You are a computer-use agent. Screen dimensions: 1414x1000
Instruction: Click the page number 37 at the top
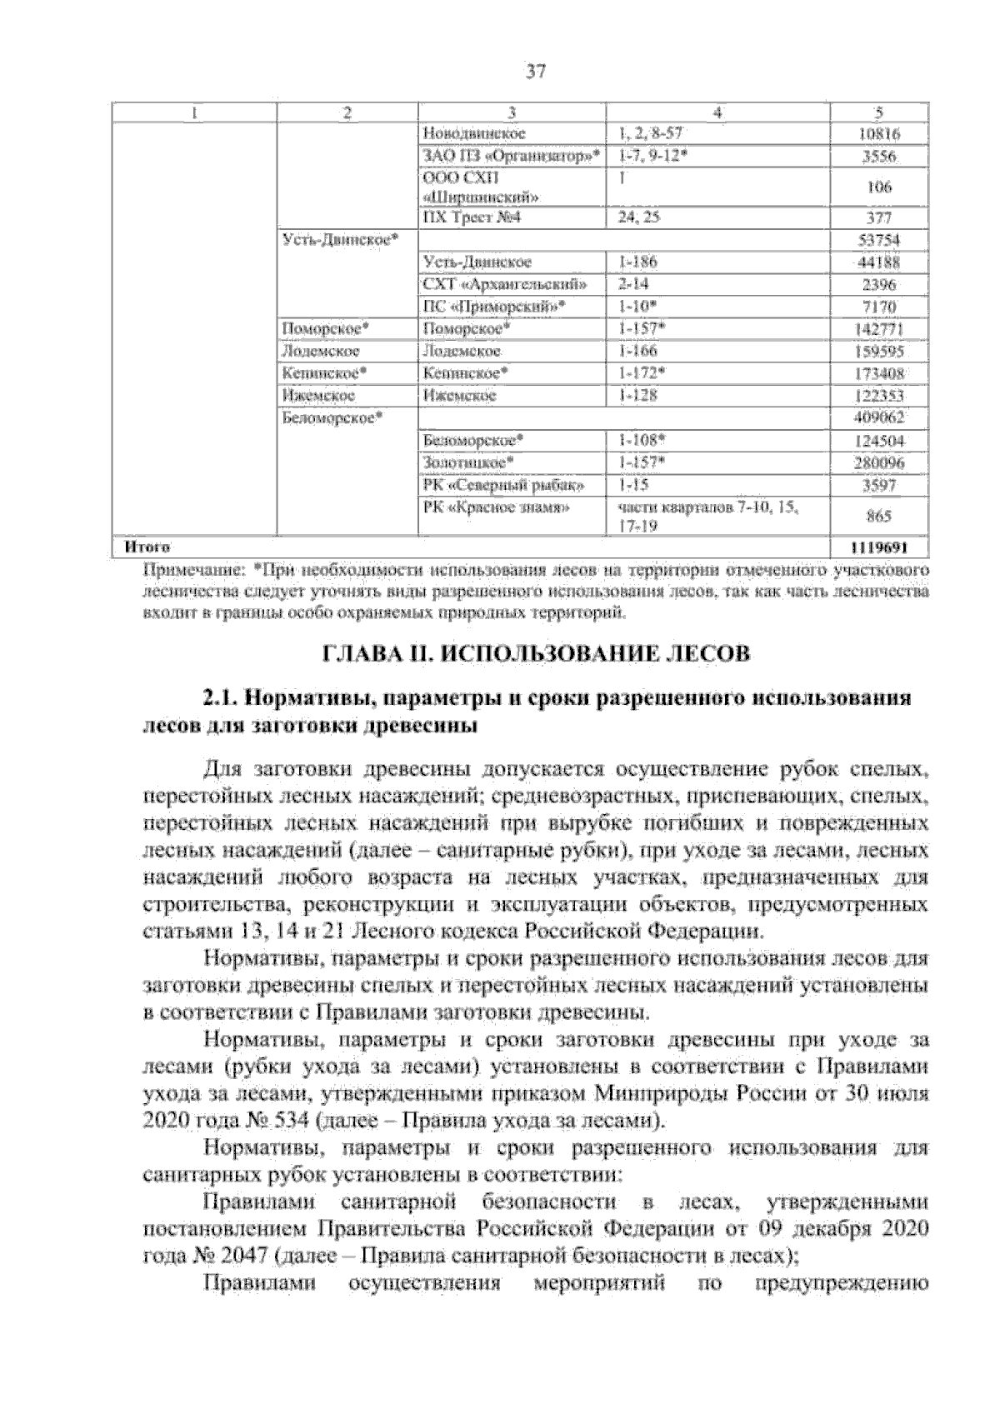point(536,72)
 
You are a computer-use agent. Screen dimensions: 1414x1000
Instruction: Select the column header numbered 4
point(717,112)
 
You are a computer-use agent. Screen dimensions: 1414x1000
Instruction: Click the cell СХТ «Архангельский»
point(510,284)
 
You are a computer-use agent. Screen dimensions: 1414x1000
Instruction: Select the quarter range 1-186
point(637,262)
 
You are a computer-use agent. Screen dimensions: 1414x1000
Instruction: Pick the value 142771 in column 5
point(878,330)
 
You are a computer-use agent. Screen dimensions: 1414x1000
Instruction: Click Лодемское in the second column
point(322,352)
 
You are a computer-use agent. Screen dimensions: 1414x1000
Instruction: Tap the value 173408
point(878,373)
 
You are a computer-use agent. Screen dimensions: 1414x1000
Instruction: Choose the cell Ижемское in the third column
point(460,395)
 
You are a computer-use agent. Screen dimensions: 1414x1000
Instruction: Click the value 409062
point(878,417)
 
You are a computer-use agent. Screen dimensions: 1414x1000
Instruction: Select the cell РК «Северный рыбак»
point(503,484)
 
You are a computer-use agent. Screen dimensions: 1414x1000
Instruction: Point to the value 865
point(878,517)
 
